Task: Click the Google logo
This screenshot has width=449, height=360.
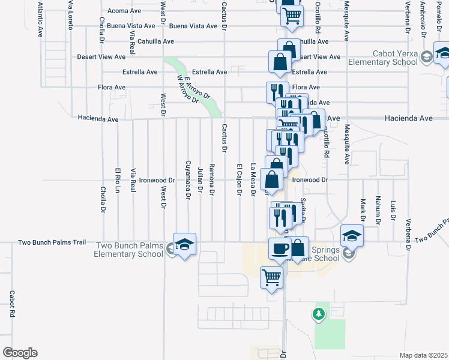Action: point(20,353)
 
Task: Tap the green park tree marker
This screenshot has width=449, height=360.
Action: point(319,313)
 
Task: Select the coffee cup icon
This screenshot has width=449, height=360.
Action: point(279,248)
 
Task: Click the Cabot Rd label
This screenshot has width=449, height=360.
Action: point(11,304)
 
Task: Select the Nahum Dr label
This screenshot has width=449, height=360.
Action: point(378,211)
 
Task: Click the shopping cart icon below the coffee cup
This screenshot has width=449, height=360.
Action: point(272,278)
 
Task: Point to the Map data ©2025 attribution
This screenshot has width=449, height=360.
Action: point(423,355)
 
